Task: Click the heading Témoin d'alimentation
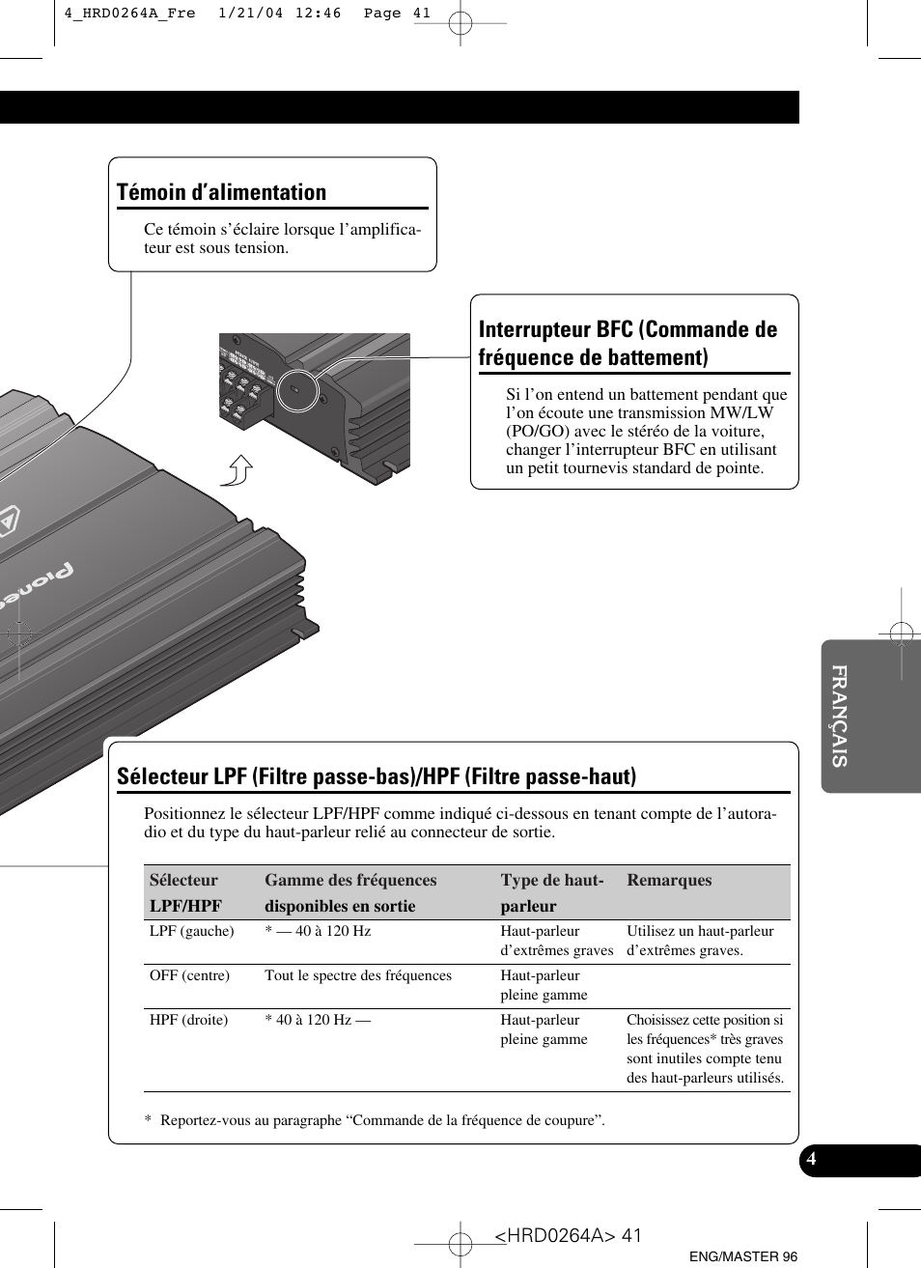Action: [222, 192]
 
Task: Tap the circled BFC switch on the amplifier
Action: [294, 391]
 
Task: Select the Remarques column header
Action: [669, 880]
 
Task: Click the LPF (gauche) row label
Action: [192, 931]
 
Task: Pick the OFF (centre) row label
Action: [189, 975]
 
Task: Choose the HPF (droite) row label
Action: [189, 1020]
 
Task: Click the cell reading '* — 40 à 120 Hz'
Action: [318, 931]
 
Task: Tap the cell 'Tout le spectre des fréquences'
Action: [358, 975]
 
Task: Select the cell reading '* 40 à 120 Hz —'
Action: [318, 1020]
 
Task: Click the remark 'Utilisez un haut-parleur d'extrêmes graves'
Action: [700, 941]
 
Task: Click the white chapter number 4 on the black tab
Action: [812, 1159]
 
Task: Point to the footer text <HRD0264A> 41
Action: [568, 1236]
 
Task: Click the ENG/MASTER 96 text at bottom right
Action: [743, 1256]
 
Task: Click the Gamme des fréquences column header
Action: [350, 880]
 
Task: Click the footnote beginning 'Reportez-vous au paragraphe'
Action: [382, 1120]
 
